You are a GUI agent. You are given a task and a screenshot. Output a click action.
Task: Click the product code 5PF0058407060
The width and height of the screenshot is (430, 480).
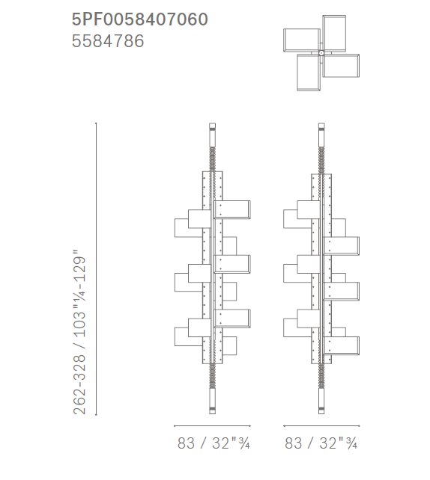[140, 19]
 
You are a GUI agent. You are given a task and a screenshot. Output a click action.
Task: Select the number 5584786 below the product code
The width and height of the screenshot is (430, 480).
[108, 41]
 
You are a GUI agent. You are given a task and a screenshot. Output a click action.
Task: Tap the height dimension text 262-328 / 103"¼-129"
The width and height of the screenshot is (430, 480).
[79, 332]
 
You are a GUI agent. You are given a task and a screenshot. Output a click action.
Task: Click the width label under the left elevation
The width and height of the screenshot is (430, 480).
[214, 443]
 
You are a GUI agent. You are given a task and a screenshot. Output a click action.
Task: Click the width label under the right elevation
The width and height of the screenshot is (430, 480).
[321, 443]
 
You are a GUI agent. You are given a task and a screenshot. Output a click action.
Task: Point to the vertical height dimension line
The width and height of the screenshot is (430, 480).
[96, 268]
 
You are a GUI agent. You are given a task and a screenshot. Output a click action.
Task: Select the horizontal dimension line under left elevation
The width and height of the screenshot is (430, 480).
[212, 425]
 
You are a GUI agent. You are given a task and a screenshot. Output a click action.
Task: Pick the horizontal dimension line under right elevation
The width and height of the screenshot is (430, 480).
[321, 425]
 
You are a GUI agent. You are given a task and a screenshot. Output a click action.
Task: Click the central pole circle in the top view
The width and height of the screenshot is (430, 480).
[321, 53]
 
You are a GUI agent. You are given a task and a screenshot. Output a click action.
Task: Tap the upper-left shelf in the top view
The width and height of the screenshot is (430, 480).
[302, 40]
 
